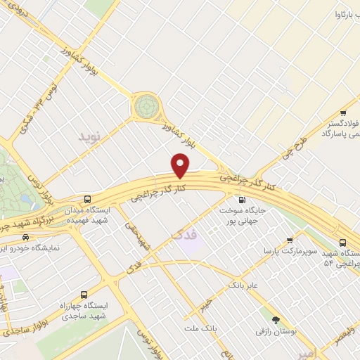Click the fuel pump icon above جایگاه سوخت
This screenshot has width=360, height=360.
[243, 199]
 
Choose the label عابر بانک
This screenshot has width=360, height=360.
[244, 285]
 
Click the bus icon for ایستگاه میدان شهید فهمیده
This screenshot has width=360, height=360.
[87, 199]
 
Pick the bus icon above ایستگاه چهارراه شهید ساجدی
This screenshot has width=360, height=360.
[84, 295]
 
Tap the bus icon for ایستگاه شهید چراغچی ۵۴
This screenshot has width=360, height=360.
[342, 243]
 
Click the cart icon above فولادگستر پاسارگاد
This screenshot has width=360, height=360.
[343, 112]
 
